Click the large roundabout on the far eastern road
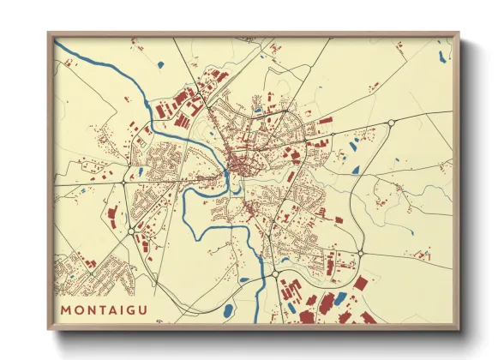pos(391,123)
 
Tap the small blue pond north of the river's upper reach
pos(160,65)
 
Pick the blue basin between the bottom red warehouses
pos(341,298)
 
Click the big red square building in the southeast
pos(361,283)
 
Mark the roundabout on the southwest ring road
pos(129,231)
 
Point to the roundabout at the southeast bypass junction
pos(360,252)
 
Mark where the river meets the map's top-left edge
pos(57,40)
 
